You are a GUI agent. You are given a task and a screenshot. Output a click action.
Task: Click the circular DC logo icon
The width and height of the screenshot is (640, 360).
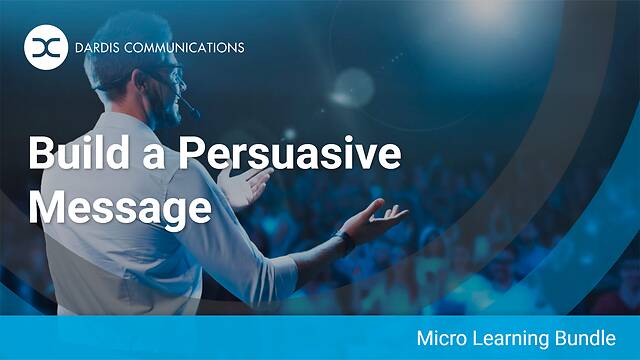43,46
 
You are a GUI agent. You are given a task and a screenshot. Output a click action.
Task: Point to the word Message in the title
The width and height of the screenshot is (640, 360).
120,207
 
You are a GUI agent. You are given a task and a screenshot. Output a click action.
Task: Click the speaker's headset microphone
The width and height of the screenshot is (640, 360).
183,102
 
